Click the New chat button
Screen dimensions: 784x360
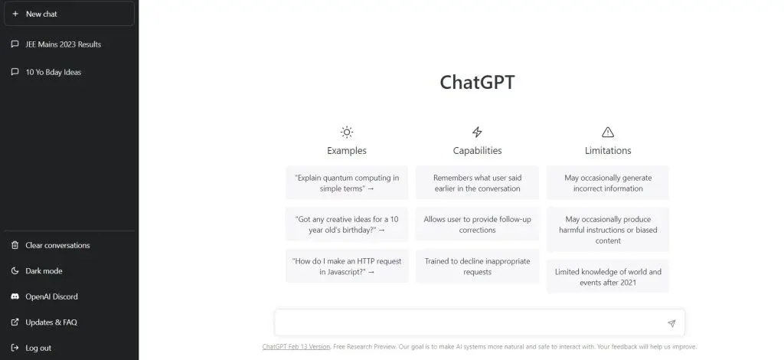[x=69, y=14]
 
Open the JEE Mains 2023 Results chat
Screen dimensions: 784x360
[x=63, y=44]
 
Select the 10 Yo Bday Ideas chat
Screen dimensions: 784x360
[x=53, y=72]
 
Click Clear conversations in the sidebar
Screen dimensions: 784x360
[x=57, y=245]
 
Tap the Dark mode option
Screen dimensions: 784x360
[x=44, y=271]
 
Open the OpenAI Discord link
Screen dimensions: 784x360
[x=51, y=296]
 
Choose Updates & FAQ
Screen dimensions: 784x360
[x=51, y=322]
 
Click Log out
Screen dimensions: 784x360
[x=38, y=348]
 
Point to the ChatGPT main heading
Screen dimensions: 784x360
[x=477, y=83]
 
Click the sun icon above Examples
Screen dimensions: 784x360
[x=347, y=132]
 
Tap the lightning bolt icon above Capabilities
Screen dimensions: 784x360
[x=477, y=132]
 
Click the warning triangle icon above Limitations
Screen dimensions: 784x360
[x=607, y=132]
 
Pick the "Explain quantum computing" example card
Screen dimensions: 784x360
[x=347, y=183]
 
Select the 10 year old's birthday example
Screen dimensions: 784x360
[x=347, y=224]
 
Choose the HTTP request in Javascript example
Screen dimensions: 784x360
[x=347, y=266]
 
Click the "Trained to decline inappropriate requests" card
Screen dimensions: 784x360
[x=477, y=266]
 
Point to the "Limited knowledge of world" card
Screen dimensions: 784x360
[x=607, y=277]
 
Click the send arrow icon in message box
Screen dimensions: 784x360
[x=671, y=323]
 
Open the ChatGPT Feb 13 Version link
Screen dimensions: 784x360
[x=296, y=346]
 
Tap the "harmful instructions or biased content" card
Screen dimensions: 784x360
[x=607, y=230]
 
